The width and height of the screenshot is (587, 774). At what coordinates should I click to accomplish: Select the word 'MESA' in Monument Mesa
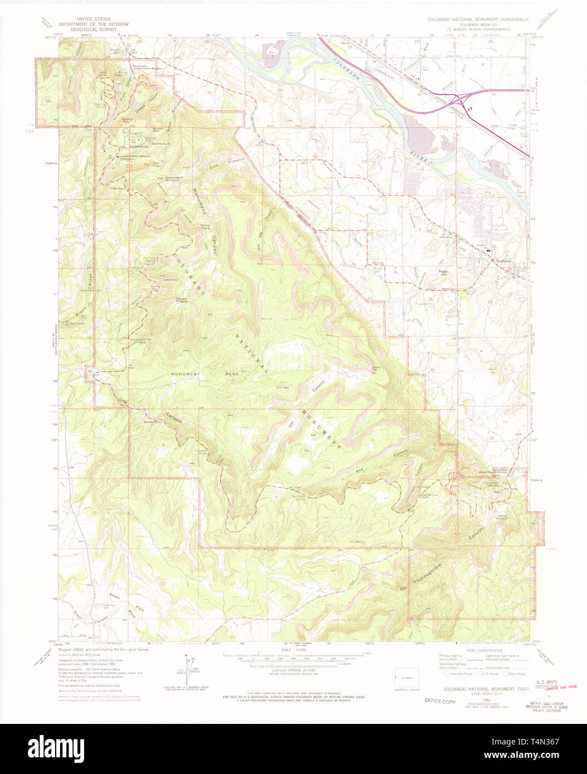point(231,374)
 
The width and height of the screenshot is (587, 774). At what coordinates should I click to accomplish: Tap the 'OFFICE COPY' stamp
point(440,701)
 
